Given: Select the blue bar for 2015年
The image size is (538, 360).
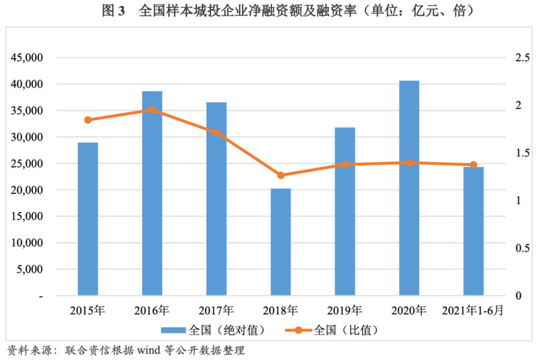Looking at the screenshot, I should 88,219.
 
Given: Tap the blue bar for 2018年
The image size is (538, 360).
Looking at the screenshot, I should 280,242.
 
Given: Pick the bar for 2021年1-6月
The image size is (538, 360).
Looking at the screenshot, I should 473,231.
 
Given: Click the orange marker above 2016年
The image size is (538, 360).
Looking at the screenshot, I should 152,110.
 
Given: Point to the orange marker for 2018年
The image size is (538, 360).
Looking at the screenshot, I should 280,175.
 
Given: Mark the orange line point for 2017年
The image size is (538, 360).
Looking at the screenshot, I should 216,133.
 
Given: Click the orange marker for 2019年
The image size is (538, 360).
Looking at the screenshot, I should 345,164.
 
